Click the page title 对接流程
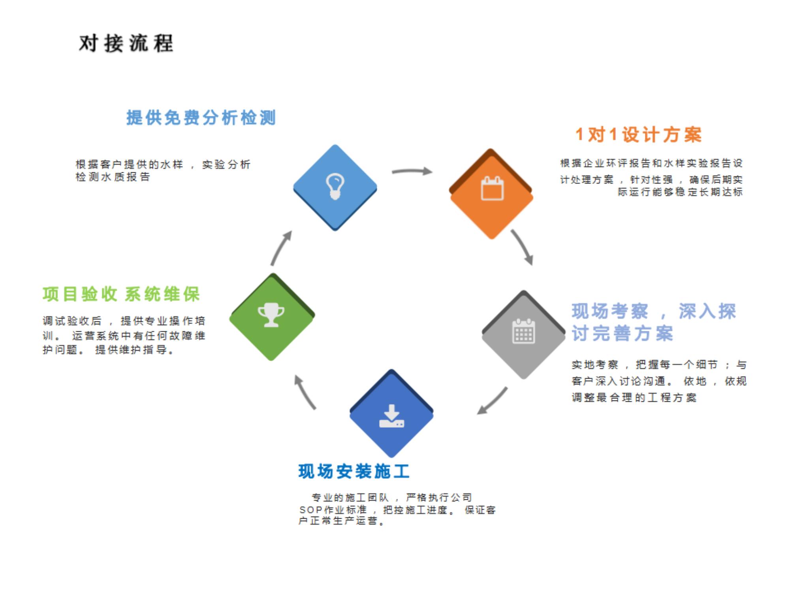[126, 43]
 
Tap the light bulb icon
[335, 187]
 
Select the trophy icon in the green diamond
[271, 315]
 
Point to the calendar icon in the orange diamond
[492, 189]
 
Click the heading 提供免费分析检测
[201, 118]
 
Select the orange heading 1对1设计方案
[638, 135]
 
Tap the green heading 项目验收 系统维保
[121, 294]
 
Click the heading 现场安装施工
[354, 472]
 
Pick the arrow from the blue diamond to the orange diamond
[412, 172]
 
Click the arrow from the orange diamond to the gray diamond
[523, 247]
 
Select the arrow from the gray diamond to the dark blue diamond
[492, 401]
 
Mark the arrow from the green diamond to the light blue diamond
[281, 248]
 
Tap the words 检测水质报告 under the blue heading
[113, 177]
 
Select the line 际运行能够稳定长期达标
[680, 192]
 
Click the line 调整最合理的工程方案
[634, 398]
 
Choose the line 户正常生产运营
[341, 521]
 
